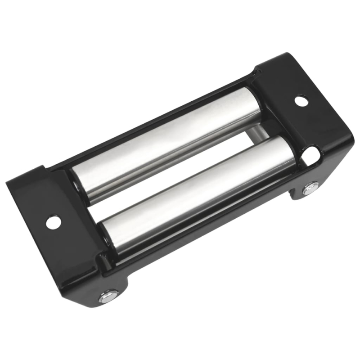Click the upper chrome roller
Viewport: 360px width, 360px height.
pyautogui.click(x=166, y=144)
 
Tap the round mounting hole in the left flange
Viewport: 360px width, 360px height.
pyautogui.click(x=53, y=221)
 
